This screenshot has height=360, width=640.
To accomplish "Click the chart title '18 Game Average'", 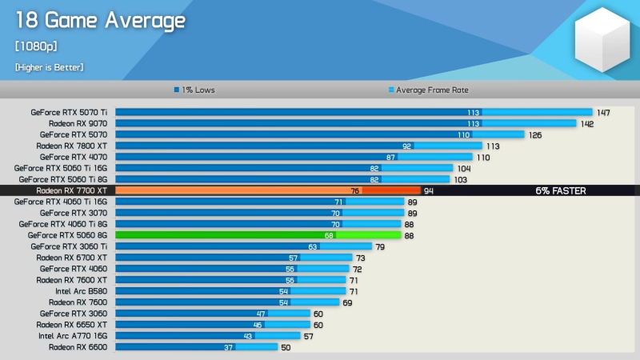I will pyautogui.click(x=100, y=22).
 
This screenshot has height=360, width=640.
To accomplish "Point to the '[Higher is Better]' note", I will pyautogui.click(x=49, y=67).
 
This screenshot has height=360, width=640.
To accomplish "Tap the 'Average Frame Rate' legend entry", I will pyautogui.click(x=428, y=90).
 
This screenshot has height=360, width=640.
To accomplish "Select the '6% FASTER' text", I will pyautogui.click(x=561, y=191).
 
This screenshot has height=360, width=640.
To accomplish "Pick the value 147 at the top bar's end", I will pyautogui.click(x=603, y=113).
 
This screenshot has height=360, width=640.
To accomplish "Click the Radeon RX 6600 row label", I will pyautogui.click(x=78, y=348).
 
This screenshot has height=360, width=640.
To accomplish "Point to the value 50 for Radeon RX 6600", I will pyautogui.click(x=286, y=348).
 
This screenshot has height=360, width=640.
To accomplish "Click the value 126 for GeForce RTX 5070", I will pyautogui.click(x=535, y=135).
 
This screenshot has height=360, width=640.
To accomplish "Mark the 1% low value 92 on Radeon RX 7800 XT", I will pyautogui.click(x=406, y=146).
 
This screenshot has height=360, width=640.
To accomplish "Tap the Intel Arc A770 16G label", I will pyautogui.click(x=74, y=337).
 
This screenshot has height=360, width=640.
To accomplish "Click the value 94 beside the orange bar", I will pyautogui.click(x=429, y=191).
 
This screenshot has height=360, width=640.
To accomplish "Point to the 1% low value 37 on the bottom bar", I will pyautogui.click(x=228, y=348).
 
